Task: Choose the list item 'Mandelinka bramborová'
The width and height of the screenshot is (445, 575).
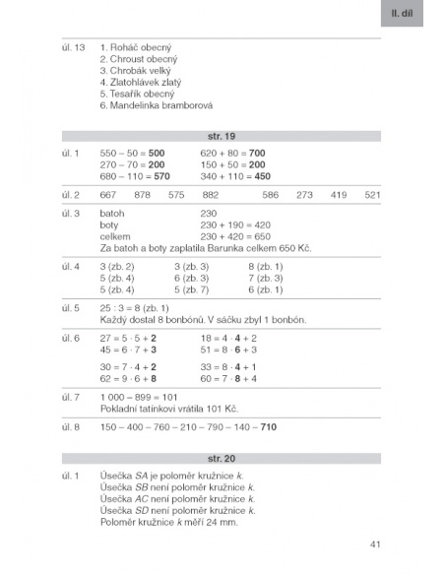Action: [157, 105]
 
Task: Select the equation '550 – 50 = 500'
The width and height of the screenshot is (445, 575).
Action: [132, 154]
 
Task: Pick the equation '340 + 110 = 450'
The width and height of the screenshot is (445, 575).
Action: [234, 176]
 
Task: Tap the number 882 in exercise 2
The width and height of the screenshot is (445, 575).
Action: [210, 195]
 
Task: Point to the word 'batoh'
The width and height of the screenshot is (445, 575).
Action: [112, 213]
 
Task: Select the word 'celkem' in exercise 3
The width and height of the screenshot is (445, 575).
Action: [115, 236]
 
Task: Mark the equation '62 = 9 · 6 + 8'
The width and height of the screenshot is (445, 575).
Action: [129, 378]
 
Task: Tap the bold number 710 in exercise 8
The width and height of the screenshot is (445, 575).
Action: [268, 426]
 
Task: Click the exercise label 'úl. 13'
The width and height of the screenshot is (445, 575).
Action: [73, 48]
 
